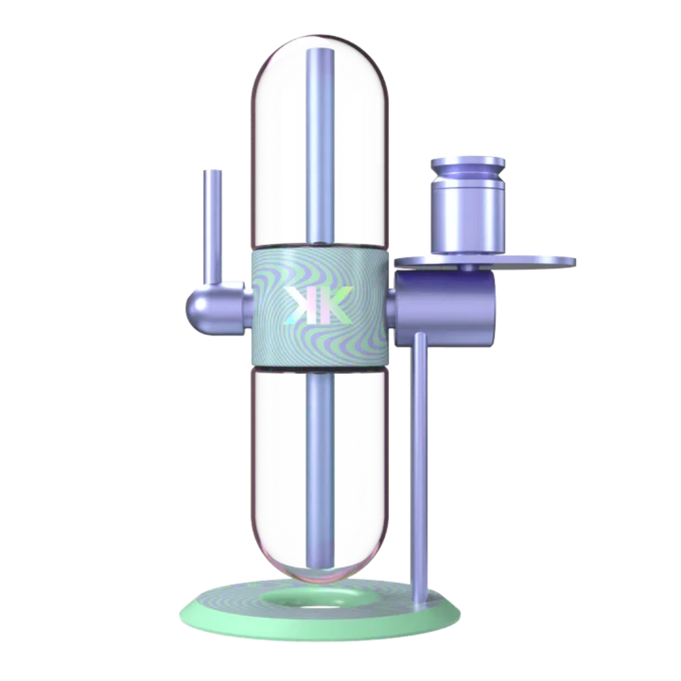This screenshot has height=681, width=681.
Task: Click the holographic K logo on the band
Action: coord(319,305)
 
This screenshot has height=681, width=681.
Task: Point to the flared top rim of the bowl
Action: coord(468,163)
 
